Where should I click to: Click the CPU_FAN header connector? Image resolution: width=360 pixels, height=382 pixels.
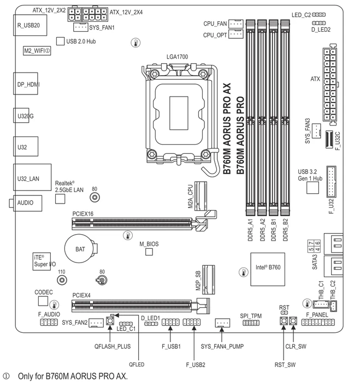click(x=236, y=23)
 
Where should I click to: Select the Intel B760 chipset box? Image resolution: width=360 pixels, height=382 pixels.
click(x=268, y=269)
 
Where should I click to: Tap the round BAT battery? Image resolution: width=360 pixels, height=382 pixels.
click(x=80, y=249)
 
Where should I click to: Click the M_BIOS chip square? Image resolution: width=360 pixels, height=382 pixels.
click(x=149, y=252)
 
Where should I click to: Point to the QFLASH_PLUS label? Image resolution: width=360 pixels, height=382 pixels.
click(x=113, y=347)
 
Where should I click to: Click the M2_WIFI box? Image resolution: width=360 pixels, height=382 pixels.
click(x=37, y=51)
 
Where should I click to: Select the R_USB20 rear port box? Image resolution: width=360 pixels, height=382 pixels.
click(x=30, y=25)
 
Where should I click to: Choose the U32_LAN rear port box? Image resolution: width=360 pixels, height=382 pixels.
click(x=32, y=177)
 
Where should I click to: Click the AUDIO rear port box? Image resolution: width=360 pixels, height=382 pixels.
click(x=27, y=203)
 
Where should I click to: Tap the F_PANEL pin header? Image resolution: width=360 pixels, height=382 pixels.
click(x=318, y=323)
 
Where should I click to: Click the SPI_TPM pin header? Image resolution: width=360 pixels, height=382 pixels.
click(x=251, y=323)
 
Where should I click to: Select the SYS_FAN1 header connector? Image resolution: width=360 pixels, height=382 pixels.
click(x=80, y=27)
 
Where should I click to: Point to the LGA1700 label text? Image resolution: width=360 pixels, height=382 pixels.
click(x=178, y=57)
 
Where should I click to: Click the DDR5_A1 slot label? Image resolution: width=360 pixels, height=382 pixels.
click(x=250, y=230)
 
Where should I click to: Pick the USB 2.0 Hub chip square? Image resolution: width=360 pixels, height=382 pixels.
click(x=60, y=41)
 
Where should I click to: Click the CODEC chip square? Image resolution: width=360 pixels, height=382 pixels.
click(x=43, y=301)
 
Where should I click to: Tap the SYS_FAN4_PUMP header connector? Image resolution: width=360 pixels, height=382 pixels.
click(x=222, y=323)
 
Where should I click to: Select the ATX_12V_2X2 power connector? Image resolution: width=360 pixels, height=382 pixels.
click(x=74, y=14)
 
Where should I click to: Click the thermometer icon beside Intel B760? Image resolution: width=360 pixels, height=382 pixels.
click(x=244, y=272)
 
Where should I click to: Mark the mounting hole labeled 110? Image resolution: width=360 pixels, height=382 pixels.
click(x=62, y=280)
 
